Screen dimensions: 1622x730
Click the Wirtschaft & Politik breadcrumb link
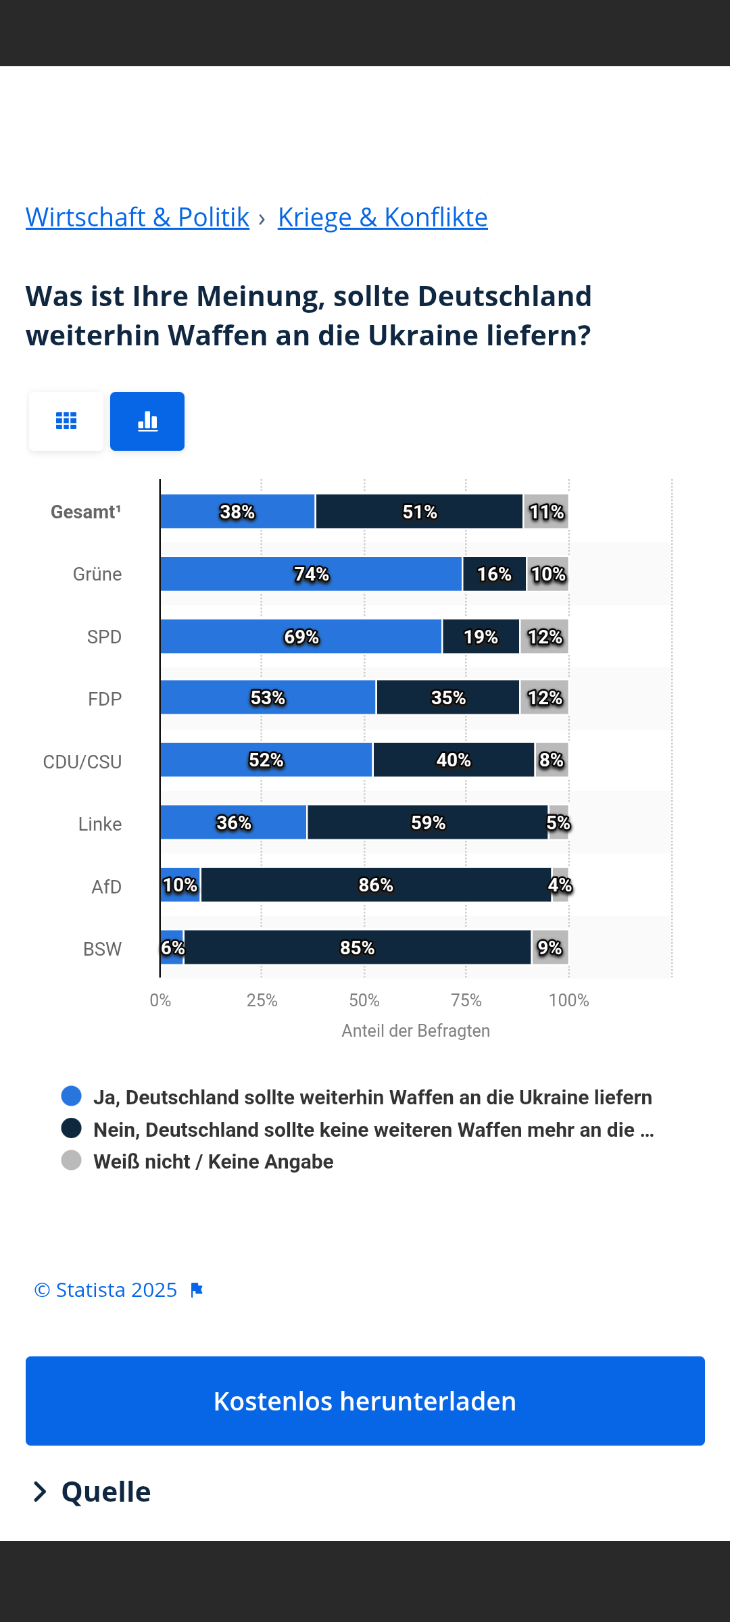(x=137, y=218)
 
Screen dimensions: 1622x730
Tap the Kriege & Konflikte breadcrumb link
(x=383, y=218)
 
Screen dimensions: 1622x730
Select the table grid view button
(x=66, y=421)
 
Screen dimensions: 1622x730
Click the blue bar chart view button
(x=147, y=421)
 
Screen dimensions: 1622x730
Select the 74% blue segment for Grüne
(x=311, y=574)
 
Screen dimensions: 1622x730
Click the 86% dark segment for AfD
(x=376, y=885)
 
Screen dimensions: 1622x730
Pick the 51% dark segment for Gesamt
(x=419, y=512)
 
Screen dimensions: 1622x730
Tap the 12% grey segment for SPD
(x=544, y=637)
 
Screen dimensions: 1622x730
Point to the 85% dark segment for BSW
(x=357, y=948)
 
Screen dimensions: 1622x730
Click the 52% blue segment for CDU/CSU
(x=266, y=760)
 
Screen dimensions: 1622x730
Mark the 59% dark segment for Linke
(x=427, y=822)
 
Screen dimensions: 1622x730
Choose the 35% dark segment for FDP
(x=447, y=697)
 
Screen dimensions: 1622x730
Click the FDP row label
(x=105, y=699)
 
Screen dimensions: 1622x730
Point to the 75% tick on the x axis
(x=466, y=1000)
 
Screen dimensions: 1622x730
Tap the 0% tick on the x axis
(x=160, y=1000)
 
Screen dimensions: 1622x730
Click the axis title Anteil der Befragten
(x=416, y=1031)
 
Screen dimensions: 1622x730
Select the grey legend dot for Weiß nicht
(x=71, y=1160)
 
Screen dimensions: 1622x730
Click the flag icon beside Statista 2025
(x=197, y=1290)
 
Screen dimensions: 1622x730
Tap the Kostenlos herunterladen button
(x=365, y=1401)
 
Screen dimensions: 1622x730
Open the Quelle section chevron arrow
(x=41, y=1492)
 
